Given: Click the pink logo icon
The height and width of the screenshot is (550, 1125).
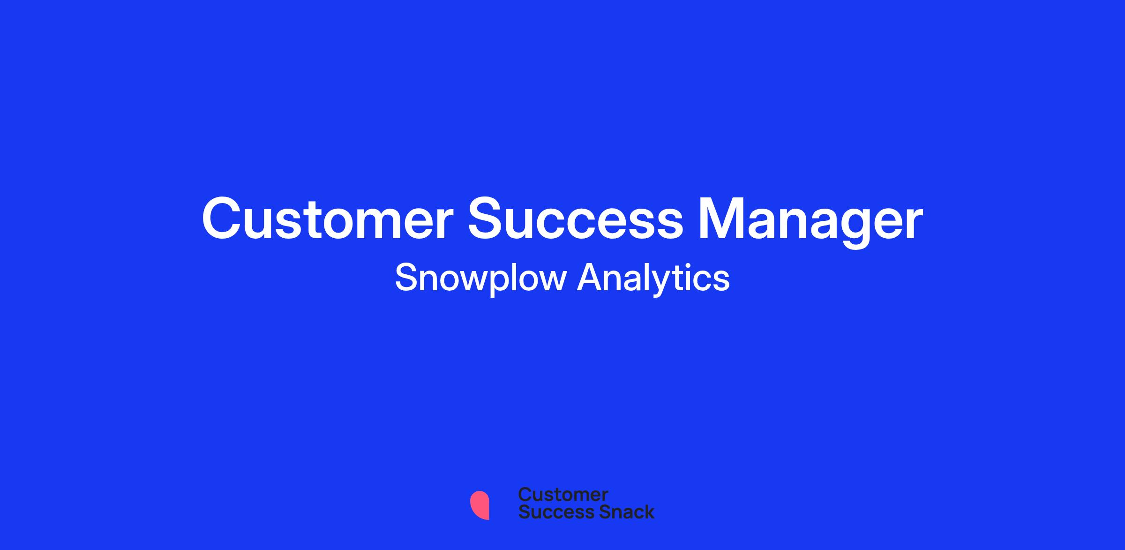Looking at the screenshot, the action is click(480, 505).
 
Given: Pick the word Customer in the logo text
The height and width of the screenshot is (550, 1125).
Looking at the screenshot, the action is click(563, 495).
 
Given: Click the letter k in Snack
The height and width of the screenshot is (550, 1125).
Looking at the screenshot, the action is click(648, 512).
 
